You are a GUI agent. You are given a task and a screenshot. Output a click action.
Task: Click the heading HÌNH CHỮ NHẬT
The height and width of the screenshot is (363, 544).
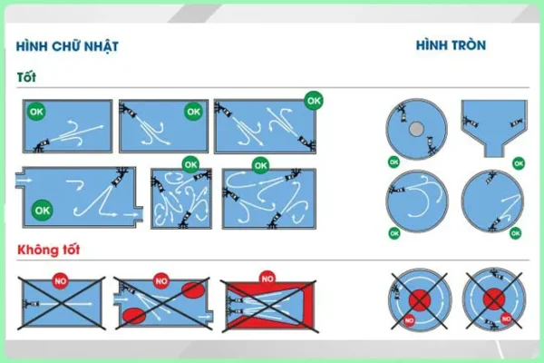(67, 46)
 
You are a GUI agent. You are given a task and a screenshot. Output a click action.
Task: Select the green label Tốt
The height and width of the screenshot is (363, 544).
(26, 77)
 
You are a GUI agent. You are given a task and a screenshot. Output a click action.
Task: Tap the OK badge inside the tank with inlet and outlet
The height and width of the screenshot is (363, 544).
(41, 210)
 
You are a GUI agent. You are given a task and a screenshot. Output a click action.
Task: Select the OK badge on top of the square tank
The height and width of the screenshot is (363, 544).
(189, 164)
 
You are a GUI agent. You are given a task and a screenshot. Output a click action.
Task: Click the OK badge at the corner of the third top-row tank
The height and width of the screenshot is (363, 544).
(314, 98)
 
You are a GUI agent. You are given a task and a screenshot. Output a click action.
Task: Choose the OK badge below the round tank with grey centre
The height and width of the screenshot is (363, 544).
(393, 162)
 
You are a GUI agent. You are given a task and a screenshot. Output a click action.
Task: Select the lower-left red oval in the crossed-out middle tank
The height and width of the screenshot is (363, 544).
(132, 316)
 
